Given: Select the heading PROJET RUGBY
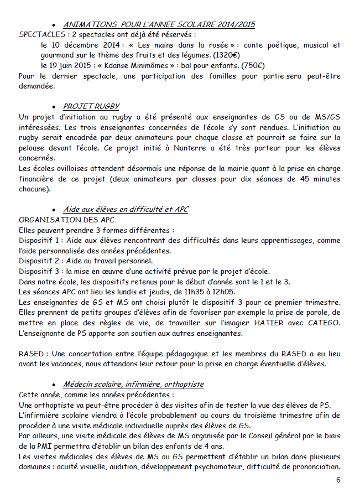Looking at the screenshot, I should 91,106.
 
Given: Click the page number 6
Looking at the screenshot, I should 338,480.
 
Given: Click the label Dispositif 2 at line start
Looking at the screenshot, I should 39,261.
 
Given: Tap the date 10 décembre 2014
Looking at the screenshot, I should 77,45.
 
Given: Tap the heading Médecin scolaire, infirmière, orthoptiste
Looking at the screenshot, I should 133,384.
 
